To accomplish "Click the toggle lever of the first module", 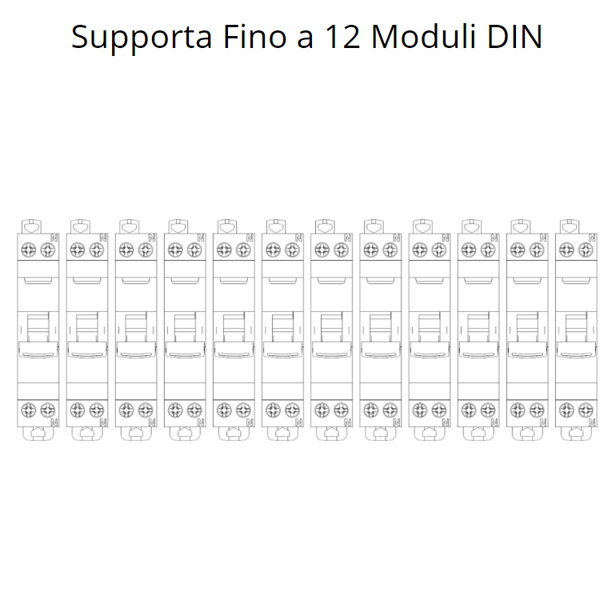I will tap(38, 330).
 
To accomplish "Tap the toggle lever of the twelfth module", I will tap(575, 330).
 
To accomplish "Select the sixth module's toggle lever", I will tap(282, 330).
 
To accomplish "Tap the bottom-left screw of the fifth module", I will tap(223, 410).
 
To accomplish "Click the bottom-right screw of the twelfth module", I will tap(585, 410).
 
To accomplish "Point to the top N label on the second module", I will tap(102, 238).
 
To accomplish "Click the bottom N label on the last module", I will tap(592, 422).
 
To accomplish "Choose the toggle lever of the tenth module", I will tap(478, 330).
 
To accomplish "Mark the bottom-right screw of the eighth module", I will tap(390, 410).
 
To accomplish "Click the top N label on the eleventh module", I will tap(542, 238).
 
